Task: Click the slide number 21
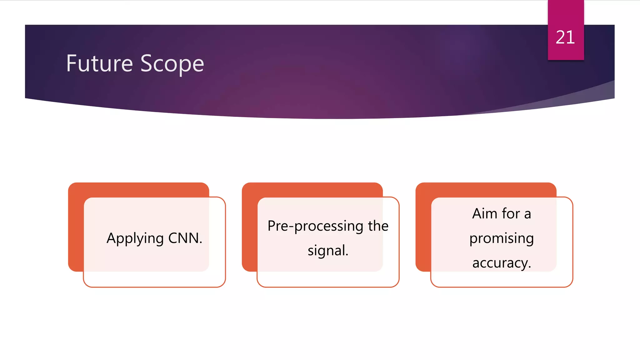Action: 565,37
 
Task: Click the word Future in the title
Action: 99,63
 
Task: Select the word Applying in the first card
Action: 135,239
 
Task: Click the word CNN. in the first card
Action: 185,238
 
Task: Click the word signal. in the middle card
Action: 328,251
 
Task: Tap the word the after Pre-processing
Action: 378,226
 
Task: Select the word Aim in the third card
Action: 485,214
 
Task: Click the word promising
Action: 501,238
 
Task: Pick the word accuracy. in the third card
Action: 501,263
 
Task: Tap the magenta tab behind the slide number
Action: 566,12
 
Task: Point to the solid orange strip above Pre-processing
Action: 312,189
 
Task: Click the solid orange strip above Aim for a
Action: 486,189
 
